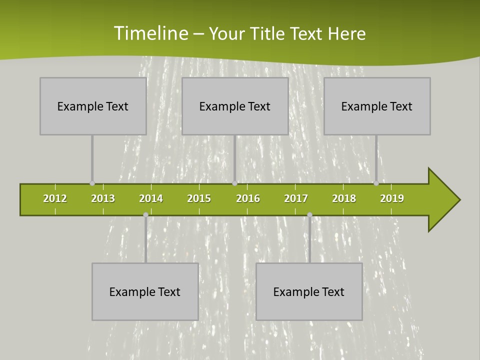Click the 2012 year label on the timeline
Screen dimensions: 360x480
point(55,198)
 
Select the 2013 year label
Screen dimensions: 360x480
point(103,198)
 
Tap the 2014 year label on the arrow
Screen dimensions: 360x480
point(151,198)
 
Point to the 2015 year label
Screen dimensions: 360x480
point(199,198)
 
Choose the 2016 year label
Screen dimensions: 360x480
point(248,198)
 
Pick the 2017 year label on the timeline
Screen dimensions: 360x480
point(296,198)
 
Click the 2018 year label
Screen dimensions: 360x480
point(344,198)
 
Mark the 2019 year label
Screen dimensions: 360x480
point(392,198)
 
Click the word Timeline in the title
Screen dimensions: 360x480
point(150,33)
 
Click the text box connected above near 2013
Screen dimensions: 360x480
point(93,106)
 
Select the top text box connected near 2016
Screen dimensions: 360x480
point(235,106)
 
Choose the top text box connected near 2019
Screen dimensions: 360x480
point(377,106)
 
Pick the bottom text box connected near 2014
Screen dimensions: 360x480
point(145,291)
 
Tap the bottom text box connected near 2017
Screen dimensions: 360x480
point(309,291)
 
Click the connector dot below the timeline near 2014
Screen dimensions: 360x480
point(145,215)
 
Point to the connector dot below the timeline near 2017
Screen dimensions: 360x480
point(309,215)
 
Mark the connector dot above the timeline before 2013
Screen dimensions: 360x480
point(92,183)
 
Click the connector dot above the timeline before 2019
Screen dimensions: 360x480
point(376,183)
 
